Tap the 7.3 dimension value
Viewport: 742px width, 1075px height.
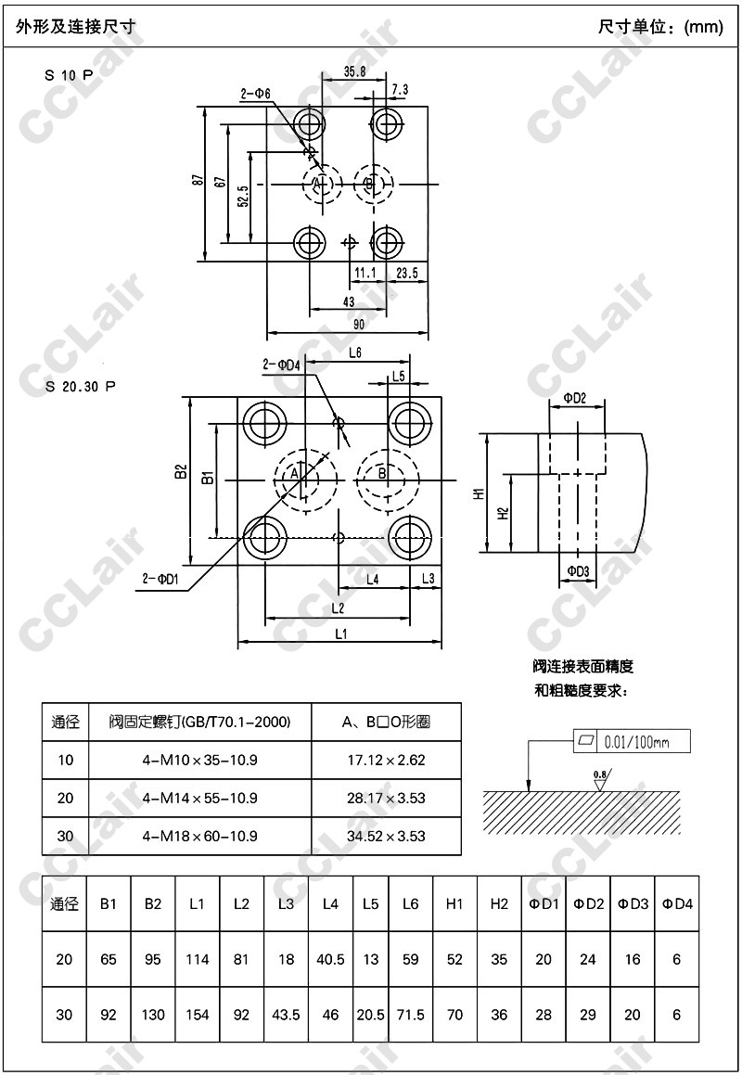tap(401, 89)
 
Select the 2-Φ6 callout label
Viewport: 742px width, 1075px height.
tap(255, 94)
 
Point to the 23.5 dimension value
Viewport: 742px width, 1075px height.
tap(407, 273)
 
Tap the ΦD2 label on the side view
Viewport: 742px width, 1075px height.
tap(575, 399)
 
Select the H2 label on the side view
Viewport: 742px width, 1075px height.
tap(502, 512)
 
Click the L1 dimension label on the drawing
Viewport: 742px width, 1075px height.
tap(339, 633)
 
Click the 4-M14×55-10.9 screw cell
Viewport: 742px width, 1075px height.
tap(199, 798)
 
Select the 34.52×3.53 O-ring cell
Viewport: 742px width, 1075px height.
tap(387, 836)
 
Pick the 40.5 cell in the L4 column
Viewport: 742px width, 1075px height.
tap(330, 959)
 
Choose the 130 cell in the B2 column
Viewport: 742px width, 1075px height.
tap(153, 1015)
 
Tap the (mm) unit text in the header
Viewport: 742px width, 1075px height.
tap(703, 27)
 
